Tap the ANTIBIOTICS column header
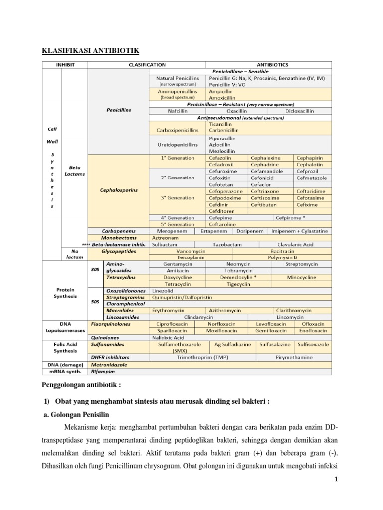pyautogui.click(x=269, y=65)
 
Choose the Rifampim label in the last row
pyautogui.click(x=103, y=371)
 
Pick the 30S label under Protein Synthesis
pyautogui.click(x=95, y=270)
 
